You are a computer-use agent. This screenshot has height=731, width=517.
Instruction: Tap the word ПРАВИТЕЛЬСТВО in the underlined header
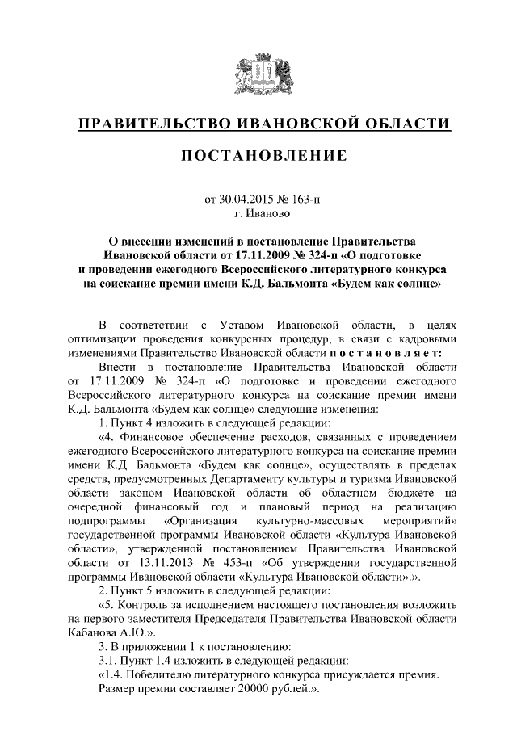tap(152, 124)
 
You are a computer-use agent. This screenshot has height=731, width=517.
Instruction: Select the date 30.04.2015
tap(247, 198)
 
